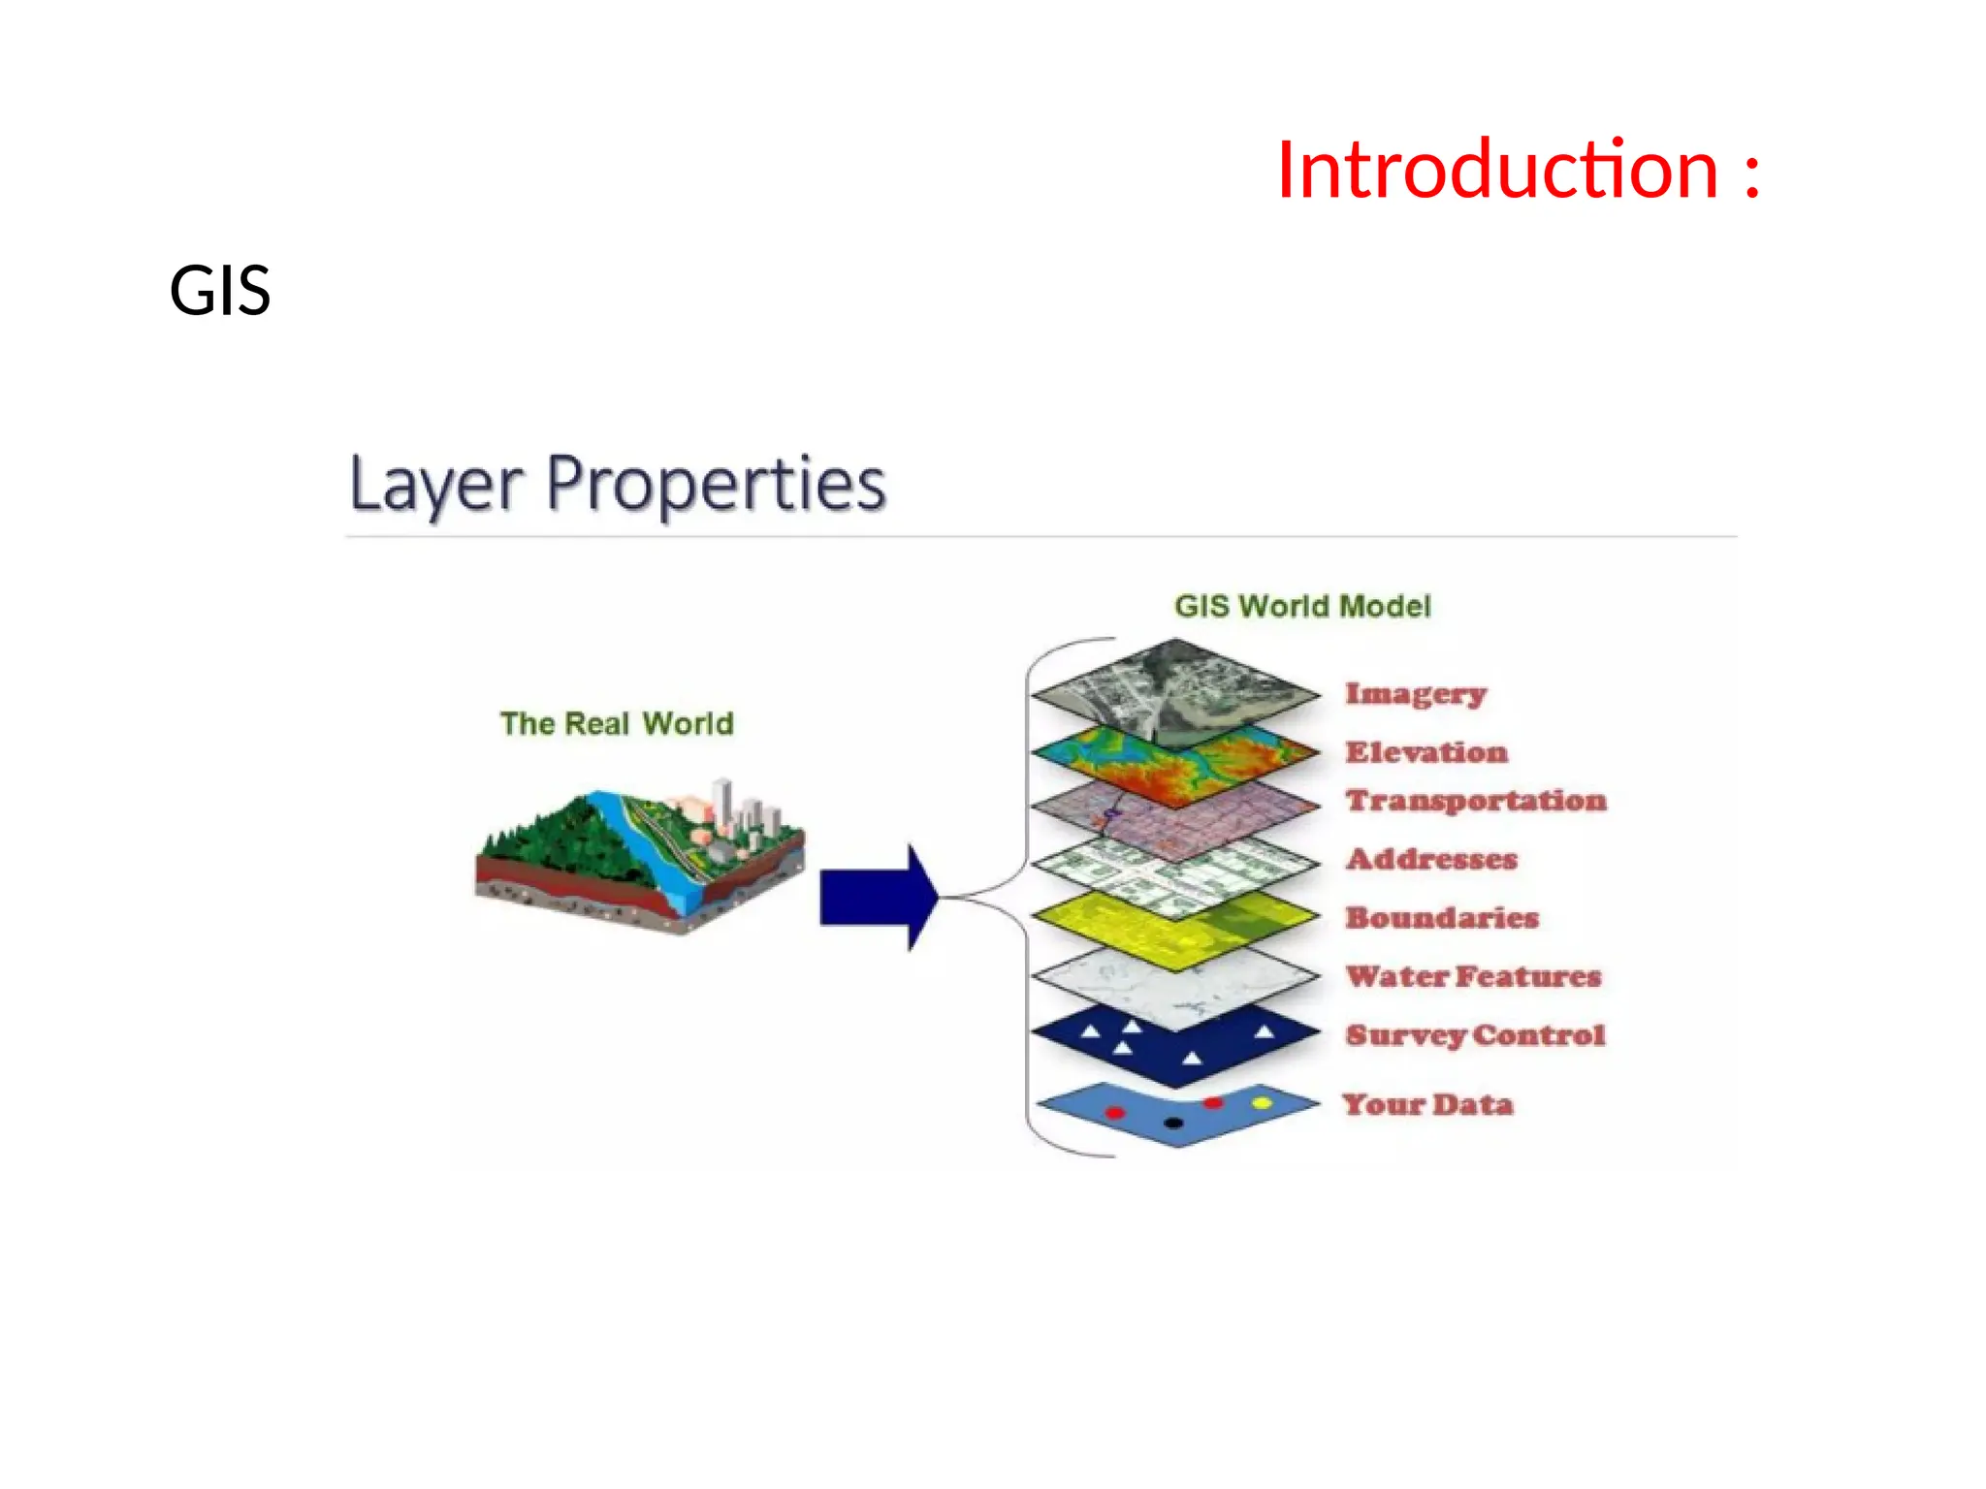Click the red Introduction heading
coord(1518,171)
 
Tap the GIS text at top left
coord(220,290)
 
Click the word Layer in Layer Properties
coord(436,484)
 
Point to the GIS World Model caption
coord(1302,606)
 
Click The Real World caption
coord(617,723)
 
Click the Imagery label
coord(1416,694)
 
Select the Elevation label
coord(1426,752)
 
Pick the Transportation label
coord(1476,801)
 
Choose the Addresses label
coord(1431,859)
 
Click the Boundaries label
coord(1442,917)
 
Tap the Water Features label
coord(1473,976)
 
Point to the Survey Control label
coord(1475,1034)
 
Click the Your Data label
coord(1427,1104)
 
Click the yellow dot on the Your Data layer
coord(1262,1103)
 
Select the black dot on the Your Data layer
coord(1173,1124)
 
